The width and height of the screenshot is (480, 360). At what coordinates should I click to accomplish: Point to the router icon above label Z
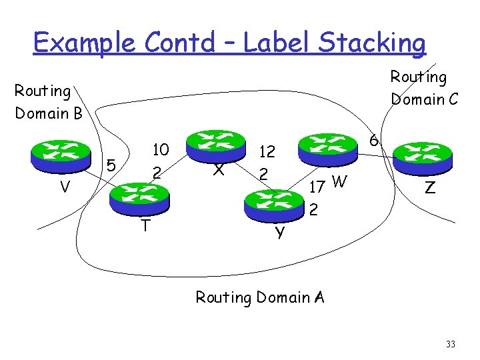(423, 157)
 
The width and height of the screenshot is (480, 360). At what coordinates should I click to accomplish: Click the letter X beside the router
(217, 170)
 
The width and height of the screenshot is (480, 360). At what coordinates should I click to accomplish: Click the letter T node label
(145, 226)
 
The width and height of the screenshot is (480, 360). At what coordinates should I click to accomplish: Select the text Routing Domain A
(259, 297)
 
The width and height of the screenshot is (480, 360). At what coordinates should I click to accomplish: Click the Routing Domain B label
(48, 101)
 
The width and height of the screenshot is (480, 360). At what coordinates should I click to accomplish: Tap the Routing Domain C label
(424, 88)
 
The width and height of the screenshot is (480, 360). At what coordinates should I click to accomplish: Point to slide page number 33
(451, 344)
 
